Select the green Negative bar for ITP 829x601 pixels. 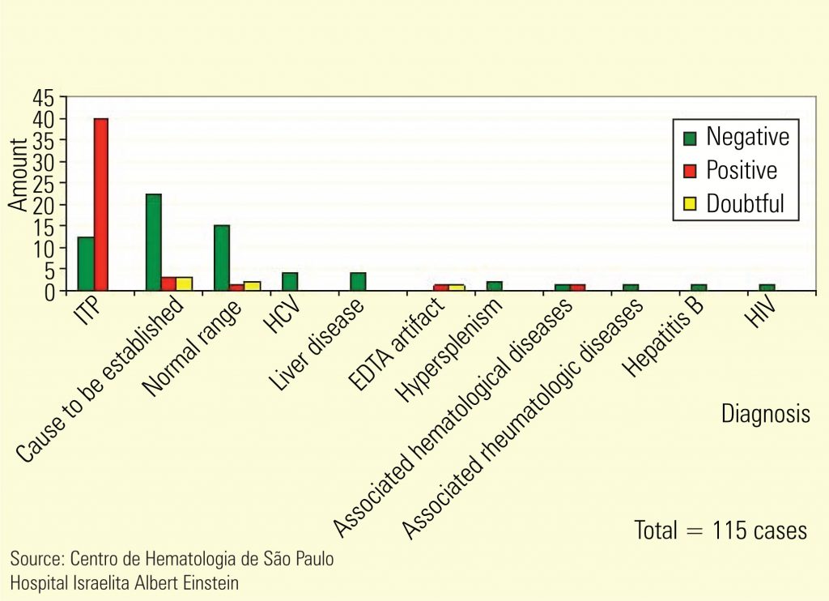(85, 263)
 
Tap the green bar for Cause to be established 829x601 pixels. (153, 242)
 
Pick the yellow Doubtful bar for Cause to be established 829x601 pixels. (185, 283)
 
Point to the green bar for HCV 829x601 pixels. (290, 281)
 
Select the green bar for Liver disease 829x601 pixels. (358, 281)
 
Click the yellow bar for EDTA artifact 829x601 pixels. (457, 287)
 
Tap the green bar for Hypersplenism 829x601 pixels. (494, 285)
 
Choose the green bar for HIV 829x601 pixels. (767, 287)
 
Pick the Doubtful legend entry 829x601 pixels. (733, 203)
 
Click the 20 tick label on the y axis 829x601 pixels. (45, 205)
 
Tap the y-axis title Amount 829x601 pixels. (18, 174)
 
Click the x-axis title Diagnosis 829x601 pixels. (765, 414)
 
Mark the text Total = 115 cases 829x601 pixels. (721, 531)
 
